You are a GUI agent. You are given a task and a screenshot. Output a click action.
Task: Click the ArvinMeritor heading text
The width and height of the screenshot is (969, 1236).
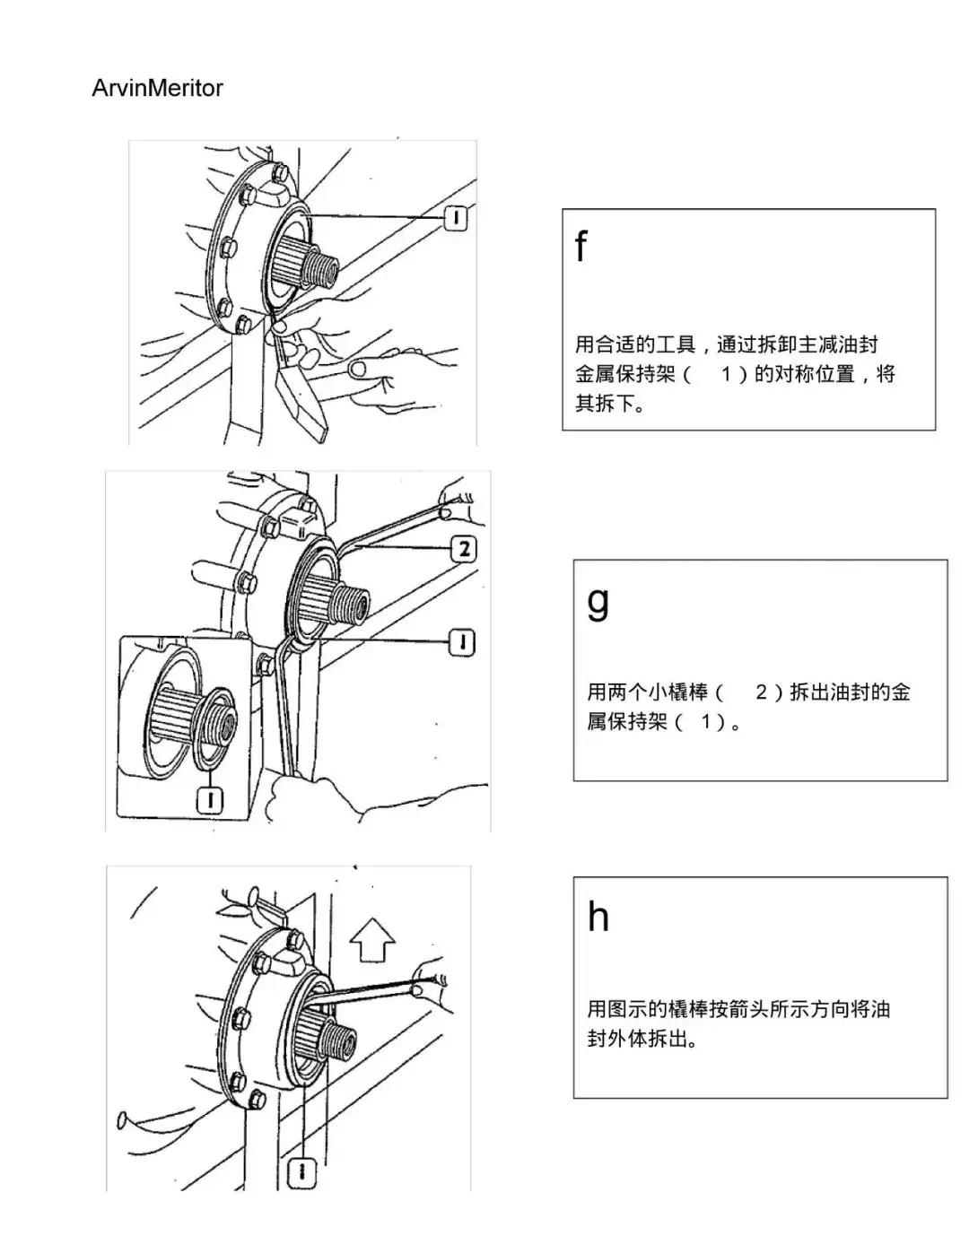coord(157,88)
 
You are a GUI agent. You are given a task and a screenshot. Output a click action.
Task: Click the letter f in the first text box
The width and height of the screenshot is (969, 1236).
coord(581,246)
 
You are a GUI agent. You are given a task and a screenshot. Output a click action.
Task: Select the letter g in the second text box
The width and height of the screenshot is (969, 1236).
coord(598,601)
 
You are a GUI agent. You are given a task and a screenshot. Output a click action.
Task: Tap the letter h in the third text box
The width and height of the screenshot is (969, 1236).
coord(598,917)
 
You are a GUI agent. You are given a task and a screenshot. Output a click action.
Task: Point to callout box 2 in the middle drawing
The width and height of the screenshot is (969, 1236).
coord(463,548)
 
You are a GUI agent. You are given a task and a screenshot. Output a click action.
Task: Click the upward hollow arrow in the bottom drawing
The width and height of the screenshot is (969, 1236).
coord(372,942)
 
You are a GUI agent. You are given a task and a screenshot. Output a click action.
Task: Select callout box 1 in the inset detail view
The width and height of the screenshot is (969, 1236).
coord(210,798)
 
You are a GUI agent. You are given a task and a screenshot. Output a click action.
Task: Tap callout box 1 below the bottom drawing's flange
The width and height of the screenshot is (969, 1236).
coord(302,1171)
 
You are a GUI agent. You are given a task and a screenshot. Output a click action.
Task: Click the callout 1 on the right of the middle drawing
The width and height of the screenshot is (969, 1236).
coord(462,642)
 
